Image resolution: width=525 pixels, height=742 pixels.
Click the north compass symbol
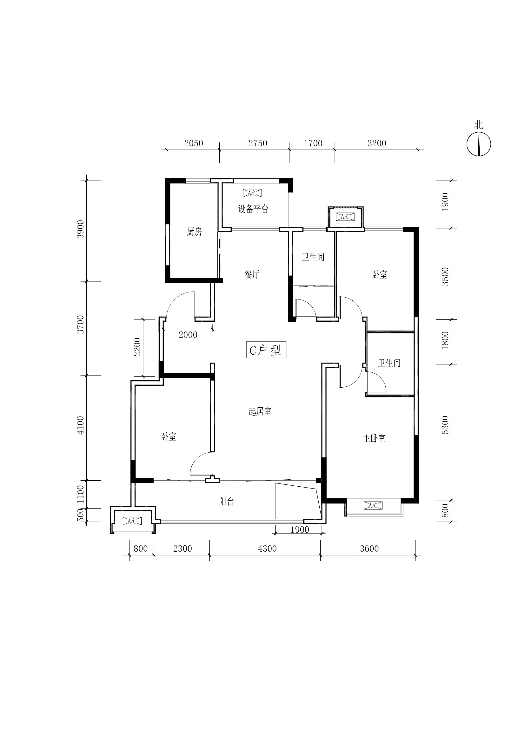coord(479,144)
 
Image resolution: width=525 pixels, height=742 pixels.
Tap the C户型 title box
coord(266,350)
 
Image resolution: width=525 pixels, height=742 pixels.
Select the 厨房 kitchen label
coord(194,232)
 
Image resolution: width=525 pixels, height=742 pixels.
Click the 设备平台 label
coord(253,209)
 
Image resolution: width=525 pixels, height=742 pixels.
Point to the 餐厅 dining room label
coord(252,274)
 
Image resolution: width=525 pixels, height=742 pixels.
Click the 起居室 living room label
coord(260,411)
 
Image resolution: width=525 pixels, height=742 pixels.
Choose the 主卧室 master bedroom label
coord(374,438)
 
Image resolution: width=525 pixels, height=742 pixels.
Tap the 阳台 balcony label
coord(226,502)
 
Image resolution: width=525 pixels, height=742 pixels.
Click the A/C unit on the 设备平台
coord(252,193)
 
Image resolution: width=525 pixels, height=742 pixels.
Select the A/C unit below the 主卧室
coord(373,505)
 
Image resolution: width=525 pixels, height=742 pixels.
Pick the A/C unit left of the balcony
coord(132,521)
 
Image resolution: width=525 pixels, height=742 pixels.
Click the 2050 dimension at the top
coord(194,143)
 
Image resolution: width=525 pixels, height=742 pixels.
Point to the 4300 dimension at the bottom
coord(267,548)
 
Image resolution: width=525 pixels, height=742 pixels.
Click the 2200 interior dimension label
coord(137,347)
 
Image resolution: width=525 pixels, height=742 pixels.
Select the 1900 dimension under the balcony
coord(300,530)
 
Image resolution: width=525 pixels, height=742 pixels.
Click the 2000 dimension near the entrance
coord(188,335)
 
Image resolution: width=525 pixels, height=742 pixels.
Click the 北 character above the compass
coord(479,125)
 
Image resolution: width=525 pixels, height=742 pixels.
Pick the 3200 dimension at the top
coord(377,143)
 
